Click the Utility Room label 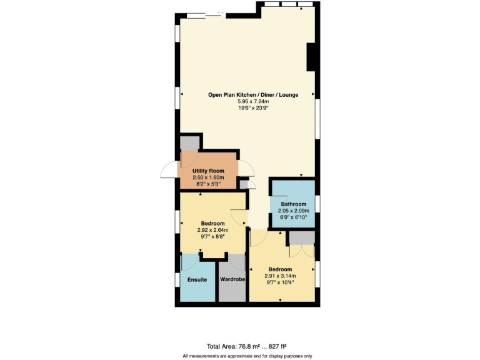[x=208, y=171]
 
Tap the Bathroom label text [x=293, y=204]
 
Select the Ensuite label [x=197, y=279]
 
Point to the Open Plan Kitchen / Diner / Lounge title [x=253, y=95]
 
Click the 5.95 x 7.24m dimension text [x=253, y=101]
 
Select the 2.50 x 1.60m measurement [x=208, y=177]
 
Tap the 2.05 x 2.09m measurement [x=293, y=211]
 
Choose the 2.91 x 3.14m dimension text [x=279, y=276]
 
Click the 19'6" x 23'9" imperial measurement [x=253, y=108]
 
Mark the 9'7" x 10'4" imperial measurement [x=279, y=282]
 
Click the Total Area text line [x=246, y=346]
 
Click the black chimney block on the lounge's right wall [x=311, y=57]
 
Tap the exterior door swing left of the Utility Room [x=169, y=169]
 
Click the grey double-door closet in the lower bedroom [x=301, y=237]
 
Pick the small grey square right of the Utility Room [x=243, y=185]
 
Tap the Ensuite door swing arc [x=189, y=261]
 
